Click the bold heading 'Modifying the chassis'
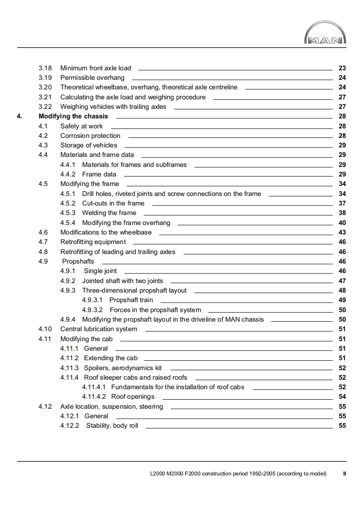(73, 117)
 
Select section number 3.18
(45, 68)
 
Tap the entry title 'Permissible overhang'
(92, 78)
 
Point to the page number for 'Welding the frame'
(342, 213)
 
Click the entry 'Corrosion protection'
(90, 136)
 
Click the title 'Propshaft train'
(131, 300)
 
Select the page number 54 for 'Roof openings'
(342, 396)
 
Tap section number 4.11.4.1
(94, 387)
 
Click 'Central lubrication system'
(99, 329)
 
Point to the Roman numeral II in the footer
(345, 474)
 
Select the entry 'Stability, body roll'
(112, 426)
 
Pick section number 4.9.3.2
(92, 310)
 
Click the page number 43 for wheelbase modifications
(342, 232)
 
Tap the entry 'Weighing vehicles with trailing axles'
(113, 107)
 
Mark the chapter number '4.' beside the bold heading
(19, 117)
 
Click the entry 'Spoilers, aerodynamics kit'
(123, 368)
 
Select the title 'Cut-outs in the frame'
(113, 203)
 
